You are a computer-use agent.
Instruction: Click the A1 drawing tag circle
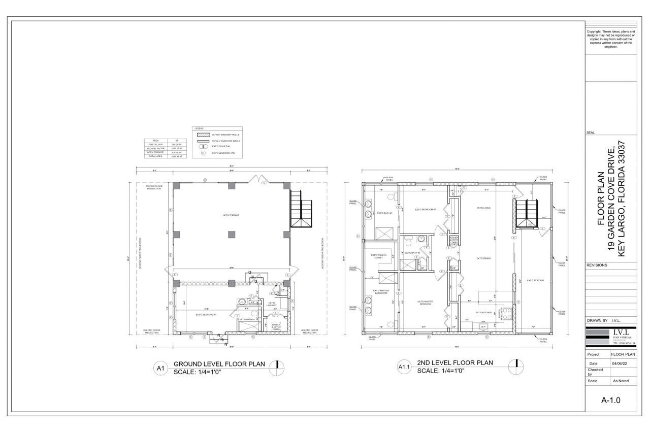tap(160, 369)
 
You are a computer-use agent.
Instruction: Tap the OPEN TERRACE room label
tap(231, 215)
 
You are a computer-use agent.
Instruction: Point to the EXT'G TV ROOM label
tap(535, 280)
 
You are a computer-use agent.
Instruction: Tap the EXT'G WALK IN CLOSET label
tap(378, 256)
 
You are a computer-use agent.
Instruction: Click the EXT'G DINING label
tap(483, 258)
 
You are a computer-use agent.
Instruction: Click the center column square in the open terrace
tap(231, 234)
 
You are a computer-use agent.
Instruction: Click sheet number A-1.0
tap(611, 400)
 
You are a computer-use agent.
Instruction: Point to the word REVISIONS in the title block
tap(597, 265)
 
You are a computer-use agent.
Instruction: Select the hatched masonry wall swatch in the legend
tap(201, 135)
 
